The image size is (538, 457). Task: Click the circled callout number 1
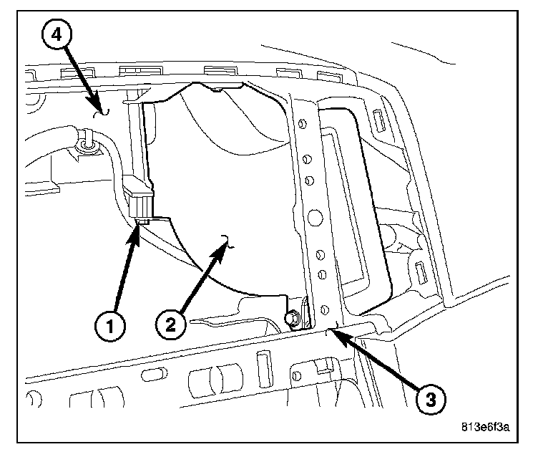[x=109, y=328]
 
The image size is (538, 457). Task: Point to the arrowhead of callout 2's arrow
[x=228, y=243]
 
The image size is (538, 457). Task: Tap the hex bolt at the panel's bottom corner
[x=293, y=316]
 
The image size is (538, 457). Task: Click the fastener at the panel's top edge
[x=215, y=90]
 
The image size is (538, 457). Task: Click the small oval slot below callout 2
[x=152, y=375]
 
